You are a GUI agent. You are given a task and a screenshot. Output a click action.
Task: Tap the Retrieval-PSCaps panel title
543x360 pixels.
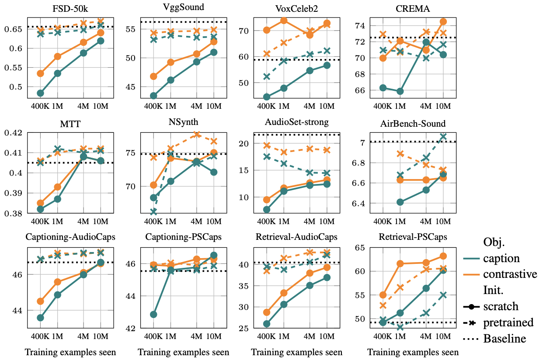pos(413,237)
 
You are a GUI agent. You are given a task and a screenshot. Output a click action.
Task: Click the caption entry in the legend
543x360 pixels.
pos(501,258)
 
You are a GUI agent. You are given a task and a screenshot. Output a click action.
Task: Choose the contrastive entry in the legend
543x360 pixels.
pos(510,274)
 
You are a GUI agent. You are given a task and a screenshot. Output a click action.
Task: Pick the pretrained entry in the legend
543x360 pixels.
pos(508,322)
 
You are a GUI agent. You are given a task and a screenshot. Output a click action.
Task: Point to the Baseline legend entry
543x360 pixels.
pos(505,339)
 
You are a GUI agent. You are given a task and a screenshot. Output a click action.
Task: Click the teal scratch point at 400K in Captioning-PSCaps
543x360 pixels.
pos(153,315)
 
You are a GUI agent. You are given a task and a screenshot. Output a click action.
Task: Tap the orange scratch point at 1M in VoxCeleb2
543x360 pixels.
pos(284,21)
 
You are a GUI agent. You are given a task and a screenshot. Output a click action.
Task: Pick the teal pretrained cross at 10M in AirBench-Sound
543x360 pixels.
pos(443,136)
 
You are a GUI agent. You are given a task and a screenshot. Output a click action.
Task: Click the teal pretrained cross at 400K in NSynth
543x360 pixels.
pos(153,212)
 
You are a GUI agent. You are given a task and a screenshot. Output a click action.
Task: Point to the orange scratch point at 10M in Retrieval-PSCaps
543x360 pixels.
pos(443,256)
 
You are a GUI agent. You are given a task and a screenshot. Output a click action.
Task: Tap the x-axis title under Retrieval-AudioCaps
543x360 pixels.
pos(297,353)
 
